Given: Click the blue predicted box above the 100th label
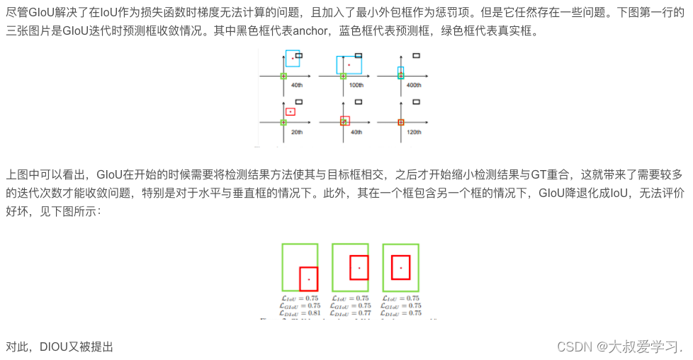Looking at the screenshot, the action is click(x=349, y=64).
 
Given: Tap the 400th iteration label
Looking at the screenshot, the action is click(x=414, y=85).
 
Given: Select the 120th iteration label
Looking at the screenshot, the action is click(x=414, y=132).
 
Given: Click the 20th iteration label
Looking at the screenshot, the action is click(x=297, y=132).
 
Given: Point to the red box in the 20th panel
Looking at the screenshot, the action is click(x=291, y=111).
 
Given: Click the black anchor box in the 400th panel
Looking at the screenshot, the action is click(x=416, y=55).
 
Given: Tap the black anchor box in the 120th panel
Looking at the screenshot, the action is click(x=416, y=101).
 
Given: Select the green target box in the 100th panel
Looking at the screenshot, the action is click(x=343, y=76).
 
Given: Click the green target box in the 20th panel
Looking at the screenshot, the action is click(x=283, y=122).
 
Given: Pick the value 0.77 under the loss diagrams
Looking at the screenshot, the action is click(x=364, y=313).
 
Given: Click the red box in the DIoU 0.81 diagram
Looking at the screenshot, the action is click(x=308, y=279).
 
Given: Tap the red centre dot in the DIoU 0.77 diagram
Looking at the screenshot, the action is click(x=359, y=268).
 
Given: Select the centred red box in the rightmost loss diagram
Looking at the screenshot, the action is click(x=401, y=267).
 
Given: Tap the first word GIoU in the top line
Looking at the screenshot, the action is click(x=44, y=12).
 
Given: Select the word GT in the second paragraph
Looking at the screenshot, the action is click(x=514, y=174).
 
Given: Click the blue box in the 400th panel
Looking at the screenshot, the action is click(x=400, y=72).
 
